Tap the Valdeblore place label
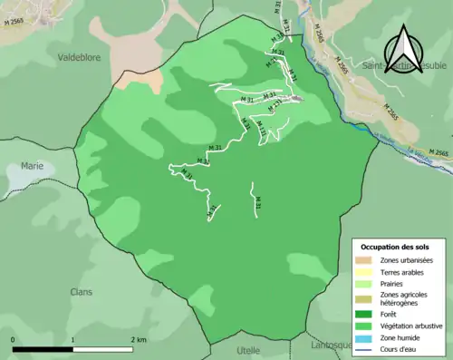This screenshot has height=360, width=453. point(79,56)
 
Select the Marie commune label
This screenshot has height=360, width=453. point(33,166)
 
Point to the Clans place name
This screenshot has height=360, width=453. point(81,292)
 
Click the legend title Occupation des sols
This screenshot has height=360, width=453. point(396,247)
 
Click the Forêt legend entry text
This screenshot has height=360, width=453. point(391,315)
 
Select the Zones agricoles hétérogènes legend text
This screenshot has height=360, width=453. point(405,298)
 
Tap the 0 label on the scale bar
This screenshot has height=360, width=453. point(13,339)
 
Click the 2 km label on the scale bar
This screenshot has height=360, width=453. point(139,339)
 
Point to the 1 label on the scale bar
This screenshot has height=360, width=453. point(73,339)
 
